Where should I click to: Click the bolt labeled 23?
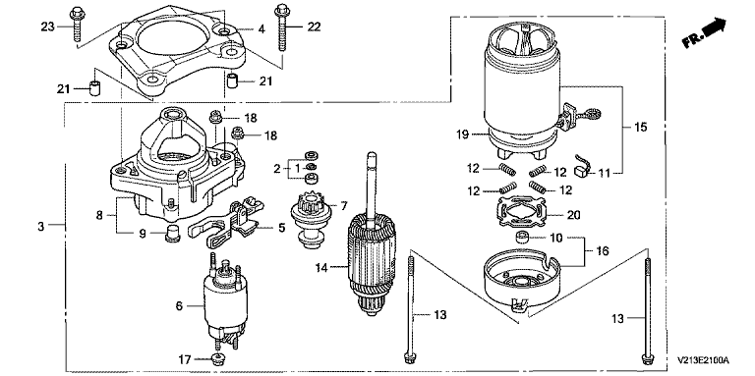[x=77, y=25]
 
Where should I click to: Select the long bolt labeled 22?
[x=282, y=27]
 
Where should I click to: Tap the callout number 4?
[x=261, y=29]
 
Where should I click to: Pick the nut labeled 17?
[x=217, y=358]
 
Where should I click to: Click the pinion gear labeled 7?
[x=310, y=222]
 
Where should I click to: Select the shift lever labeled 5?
[x=226, y=220]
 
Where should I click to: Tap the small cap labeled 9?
[x=172, y=234]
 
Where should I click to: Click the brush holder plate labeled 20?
[x=523, y=215]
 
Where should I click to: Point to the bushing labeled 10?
[x=522, y=238]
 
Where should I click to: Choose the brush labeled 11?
[x=582, y=165]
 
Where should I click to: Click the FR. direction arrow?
[x=704, y=32]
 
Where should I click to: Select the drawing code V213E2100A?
[x=703, y=360]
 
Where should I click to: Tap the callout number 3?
[x=41, y=226]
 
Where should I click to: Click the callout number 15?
[x=640, y=127]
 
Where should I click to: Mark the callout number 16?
[x=602, y=250]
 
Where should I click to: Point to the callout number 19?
[x=462, y=134]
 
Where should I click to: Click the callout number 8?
[x=99, y=215]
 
